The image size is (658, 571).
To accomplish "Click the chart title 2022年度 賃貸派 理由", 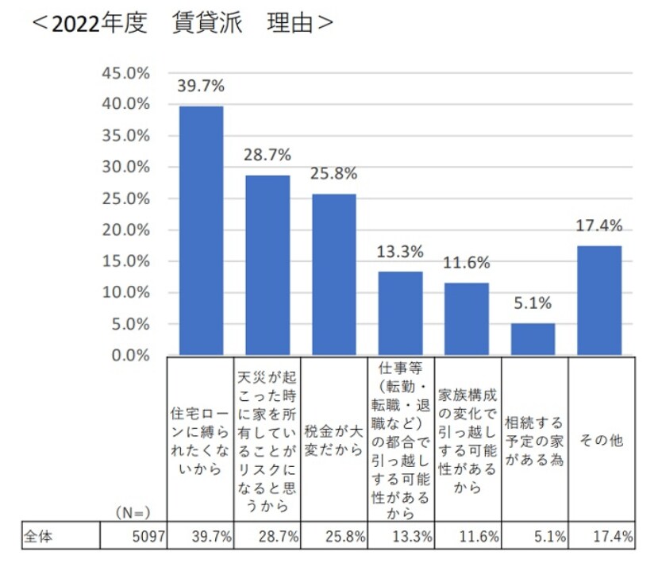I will pyautogui.click(x=182, y=25).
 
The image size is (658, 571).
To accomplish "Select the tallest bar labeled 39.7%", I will pyautogui.click(x=201, y=230).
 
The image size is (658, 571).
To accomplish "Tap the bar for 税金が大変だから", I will pyautogui.click(x=333, y=274).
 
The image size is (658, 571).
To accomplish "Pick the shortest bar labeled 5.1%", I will pyautogui.click(x=533, y=339).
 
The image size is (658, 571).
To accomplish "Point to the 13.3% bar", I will pyautogui.click(x=400, y=313).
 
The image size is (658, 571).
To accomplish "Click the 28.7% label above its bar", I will pyautogui.click(x=267, y=154).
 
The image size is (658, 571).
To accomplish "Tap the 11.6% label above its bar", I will pyautogui.click(x=467, y=262).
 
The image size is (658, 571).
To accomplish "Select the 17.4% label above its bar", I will pyautogui.click(x=599, y=226).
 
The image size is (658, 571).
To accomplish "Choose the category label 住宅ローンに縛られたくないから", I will pyautogui.click(x=201, y=440).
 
